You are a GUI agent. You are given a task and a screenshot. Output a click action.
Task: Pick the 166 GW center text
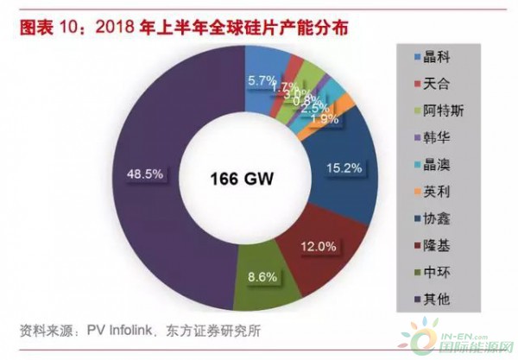click(238, 180)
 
